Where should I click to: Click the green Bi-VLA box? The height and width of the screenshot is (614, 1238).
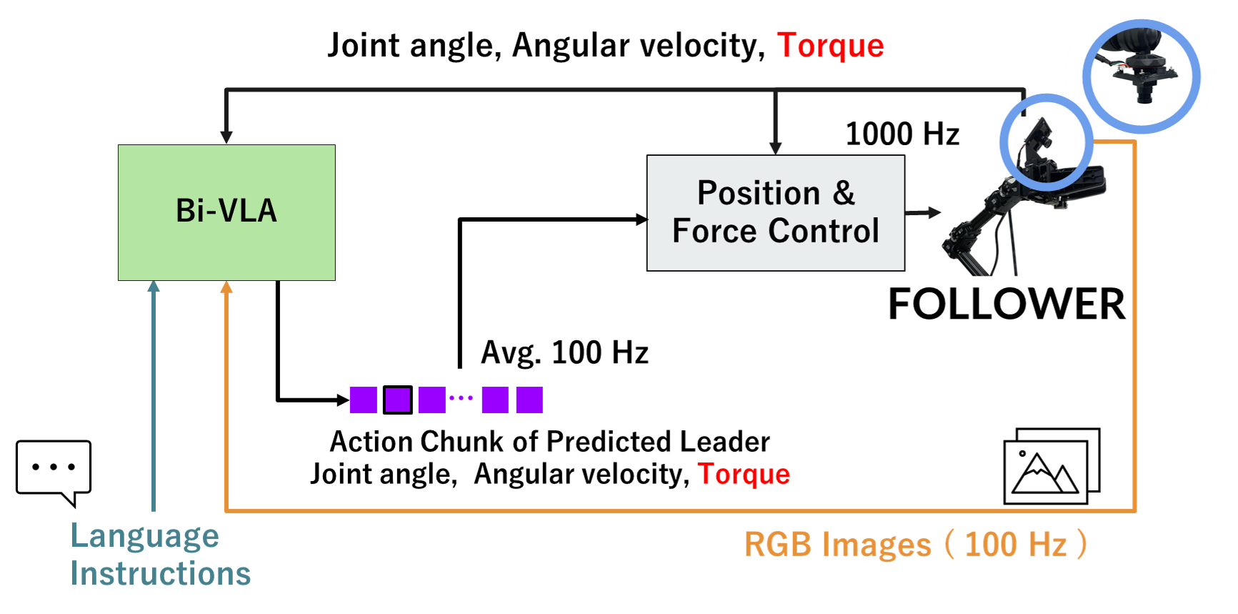pyautogui.click(x=226, y=212)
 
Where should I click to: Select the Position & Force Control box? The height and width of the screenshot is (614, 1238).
pyautogui.click(x=775, y=213)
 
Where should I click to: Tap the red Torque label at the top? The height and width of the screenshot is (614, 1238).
pyautogui.click(x=830, y=46)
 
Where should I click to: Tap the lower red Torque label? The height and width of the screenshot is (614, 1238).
pyautogui.click(x=744, y=475)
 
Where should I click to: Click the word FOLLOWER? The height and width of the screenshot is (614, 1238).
pyautogui.click(x=1006, y=304)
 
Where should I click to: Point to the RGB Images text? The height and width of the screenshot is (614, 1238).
pyautogui.click(x=837, y=545)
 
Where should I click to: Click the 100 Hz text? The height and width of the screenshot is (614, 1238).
pyautogui.click(x=1015, y=545)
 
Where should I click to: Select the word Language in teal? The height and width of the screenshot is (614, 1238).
pyautogui.click(x=144, y=536)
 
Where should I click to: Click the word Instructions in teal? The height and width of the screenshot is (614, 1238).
pyautogui.click(x=160, y=574)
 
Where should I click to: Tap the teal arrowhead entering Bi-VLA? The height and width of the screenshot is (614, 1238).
pyautogui.click(x=153, y=287)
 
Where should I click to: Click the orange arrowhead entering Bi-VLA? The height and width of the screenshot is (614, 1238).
pyautogui.click(x=226, y=287)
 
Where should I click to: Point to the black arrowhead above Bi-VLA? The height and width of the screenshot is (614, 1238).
pyautogui.click(x=226, y=137)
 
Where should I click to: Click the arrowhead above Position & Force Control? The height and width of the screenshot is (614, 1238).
pyautogui.click(x=775, y=147)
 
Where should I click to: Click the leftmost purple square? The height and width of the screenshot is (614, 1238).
pyautogui.click(x=363, y=400)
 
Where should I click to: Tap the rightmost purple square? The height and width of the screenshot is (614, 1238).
pyautogui.click(x=529, y=400)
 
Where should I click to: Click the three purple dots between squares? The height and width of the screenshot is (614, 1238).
pyautogui.click(x=461, y=398)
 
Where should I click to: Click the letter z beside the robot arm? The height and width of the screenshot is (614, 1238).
pyautogui.click(x=952, y=135)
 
